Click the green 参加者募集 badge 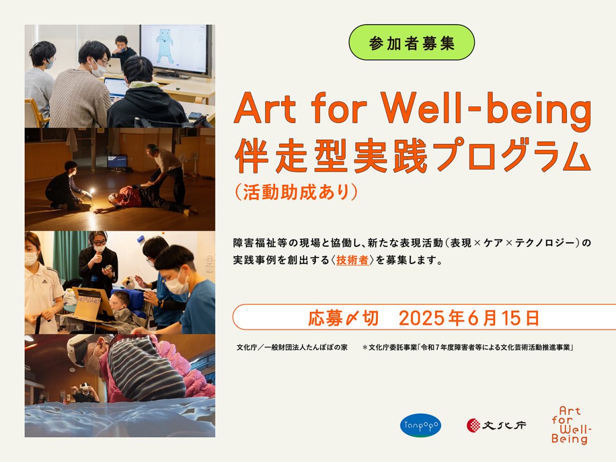411,43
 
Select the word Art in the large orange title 265,108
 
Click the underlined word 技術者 352,260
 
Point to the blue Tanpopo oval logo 420,425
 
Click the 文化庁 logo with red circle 496,425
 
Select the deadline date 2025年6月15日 469,318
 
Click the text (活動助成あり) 296,192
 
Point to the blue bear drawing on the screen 166,45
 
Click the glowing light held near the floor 91,191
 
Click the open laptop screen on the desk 115,87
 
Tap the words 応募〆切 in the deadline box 343,318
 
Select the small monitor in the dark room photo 118,162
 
